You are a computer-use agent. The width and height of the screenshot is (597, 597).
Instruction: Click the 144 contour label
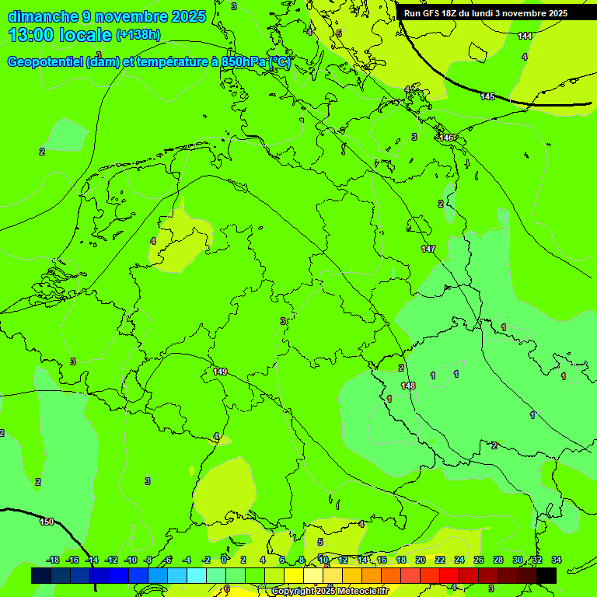click(525, 36)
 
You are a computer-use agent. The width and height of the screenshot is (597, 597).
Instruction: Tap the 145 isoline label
click(487, 96)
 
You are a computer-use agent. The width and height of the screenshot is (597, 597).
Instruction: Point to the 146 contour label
click(446, 138)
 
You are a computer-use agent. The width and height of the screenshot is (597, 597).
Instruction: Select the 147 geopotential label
click(428, 249)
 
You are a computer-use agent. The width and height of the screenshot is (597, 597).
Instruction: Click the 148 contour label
click(408, 386)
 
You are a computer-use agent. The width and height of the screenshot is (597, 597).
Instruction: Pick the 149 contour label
click(220, 372)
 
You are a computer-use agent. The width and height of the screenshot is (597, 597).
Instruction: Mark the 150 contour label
click(47, 522)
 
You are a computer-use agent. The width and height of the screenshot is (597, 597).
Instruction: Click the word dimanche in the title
click(41, 16)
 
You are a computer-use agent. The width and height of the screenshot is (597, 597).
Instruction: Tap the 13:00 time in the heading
click(33, 35)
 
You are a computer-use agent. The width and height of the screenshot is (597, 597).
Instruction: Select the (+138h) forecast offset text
click(138, 35)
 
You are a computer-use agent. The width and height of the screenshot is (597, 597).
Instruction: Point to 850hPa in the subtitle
click(243, 62)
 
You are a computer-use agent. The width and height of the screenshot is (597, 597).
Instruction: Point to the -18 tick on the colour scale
click(53, 560)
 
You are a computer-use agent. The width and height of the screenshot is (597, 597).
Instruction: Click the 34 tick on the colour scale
click(556, 560)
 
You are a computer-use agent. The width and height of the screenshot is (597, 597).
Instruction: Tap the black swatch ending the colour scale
click(546, 575)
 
